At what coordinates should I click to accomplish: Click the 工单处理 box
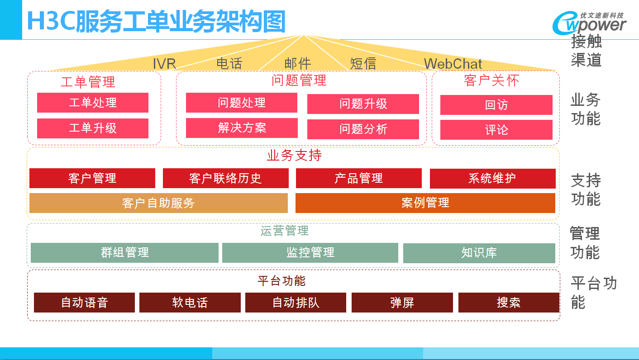[93, 103]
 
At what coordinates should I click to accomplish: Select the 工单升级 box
[93, 128]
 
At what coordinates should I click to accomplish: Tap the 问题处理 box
[242, 103]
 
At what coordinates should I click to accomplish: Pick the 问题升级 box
[363, 104]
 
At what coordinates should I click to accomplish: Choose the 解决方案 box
[242, 128]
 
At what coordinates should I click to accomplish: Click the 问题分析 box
[363, 129]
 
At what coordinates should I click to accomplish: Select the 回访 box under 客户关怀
[496, 105]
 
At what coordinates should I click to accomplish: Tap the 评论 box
[496, 130]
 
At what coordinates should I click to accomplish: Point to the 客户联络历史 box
[226, 178]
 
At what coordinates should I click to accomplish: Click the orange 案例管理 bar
[425, 203]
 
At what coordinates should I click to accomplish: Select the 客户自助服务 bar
[158, 203]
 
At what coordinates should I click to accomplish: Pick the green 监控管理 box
[310, 252]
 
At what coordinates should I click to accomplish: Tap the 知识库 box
[479, 253]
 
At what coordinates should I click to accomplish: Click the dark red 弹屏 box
[402, 303]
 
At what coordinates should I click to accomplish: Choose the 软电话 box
[190, 303]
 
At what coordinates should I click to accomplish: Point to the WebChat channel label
[453, 64]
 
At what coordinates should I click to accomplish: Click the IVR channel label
[164, 64]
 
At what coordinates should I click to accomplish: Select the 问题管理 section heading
[299, 80]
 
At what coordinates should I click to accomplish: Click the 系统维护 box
[493, 179]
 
